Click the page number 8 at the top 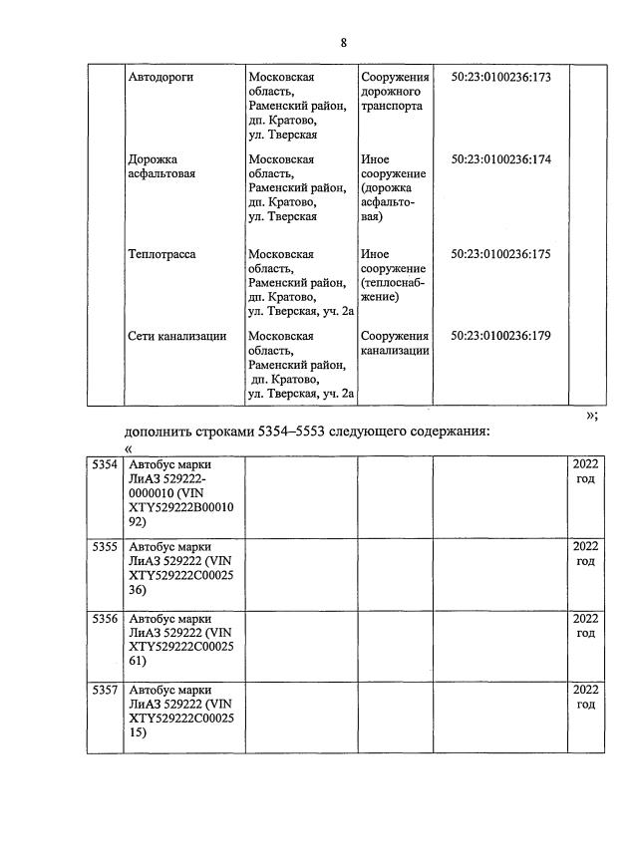tap(344, 43)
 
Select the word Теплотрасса tap(162, 254)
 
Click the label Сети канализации tap(177, 336)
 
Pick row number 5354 tap(104, 465)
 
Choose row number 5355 tap(104, 547)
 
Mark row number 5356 tap(104, 619)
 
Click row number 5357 tap(104, 691)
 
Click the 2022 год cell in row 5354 tap(585, 472)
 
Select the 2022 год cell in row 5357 tap(585, 698)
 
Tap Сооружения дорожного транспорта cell tap(395, 92)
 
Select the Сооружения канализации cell tap(395, 343)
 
